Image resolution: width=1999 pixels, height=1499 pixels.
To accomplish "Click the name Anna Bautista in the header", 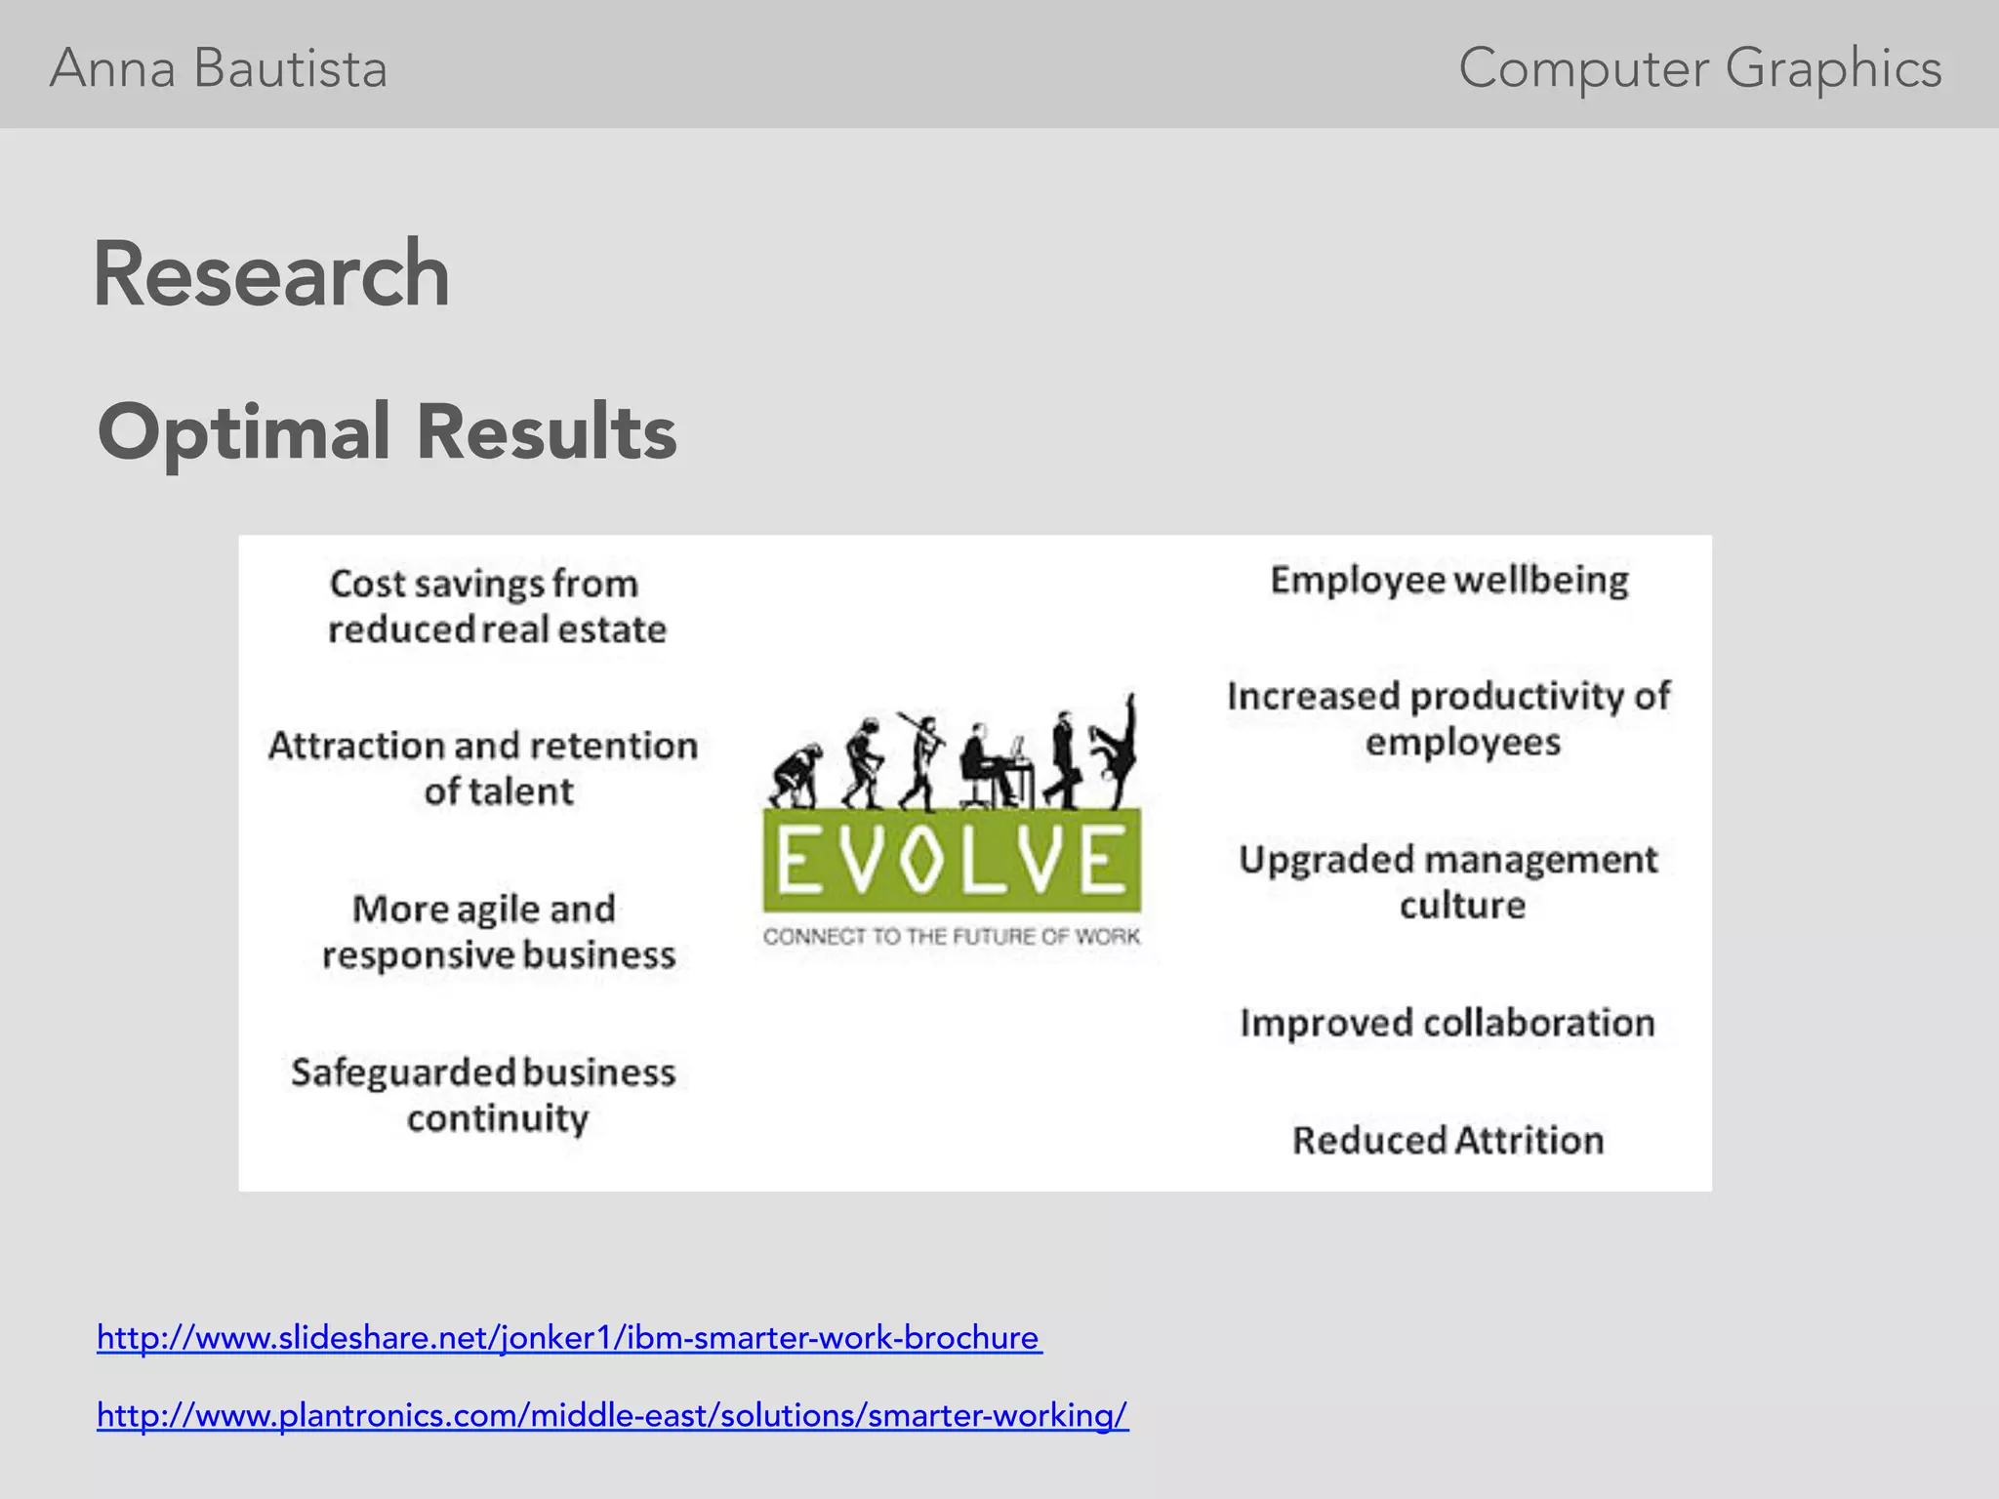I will (x=219, y=68).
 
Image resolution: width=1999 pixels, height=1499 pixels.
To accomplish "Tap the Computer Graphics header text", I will (x=1699, y=68).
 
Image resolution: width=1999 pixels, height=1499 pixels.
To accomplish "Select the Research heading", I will (x=271, y=275).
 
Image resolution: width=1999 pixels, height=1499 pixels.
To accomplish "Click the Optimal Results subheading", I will (x=387, y=432).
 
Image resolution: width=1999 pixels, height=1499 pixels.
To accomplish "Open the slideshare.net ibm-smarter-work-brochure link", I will (x=569, y=1337).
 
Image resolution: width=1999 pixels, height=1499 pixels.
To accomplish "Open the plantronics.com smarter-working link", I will (x=612, y=1414).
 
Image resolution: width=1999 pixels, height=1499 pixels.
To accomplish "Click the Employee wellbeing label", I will (x=1448, y=580).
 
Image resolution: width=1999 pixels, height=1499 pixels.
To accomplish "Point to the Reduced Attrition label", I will (x=1448, y=1140).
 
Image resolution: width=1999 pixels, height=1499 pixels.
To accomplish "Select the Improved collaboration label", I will (x=1447, y=1023).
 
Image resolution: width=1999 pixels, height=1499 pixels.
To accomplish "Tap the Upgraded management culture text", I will (x=1448, y=882).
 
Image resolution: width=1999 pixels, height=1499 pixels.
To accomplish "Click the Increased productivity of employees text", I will (x=1448, y=719).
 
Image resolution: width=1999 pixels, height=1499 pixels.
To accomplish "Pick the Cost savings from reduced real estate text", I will (x=496, y=606).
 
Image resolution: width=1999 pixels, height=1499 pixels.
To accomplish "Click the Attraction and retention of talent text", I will (x=484, y=768).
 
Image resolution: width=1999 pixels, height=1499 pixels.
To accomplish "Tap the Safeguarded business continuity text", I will (x=484, y=1094).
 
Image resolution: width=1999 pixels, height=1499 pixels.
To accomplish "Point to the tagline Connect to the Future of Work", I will (x=951, y=937).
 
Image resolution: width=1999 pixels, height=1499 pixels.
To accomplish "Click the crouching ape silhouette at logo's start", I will (x=795, y=776).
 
